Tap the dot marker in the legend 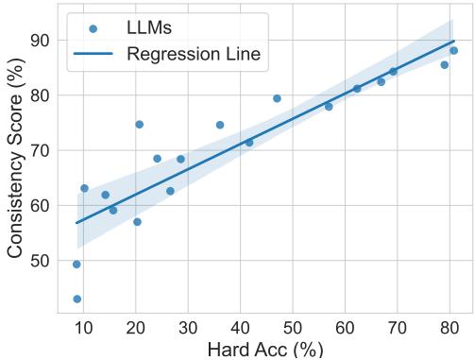[x=93, y=29]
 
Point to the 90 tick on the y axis [x=42, y=41]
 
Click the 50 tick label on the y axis [x=42, y=261]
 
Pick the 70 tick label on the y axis [x=42, y=150]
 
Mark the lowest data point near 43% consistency [x=76, y=299]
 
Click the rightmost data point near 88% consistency [x=453, y=50]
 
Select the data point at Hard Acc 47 [x=277, y=98]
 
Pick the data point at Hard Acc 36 [x=220, y=125]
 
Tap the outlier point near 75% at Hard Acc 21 [x=139, y=124]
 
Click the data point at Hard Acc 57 [x=329, y=107]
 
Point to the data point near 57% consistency [x=137, y=222]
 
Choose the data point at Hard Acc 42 [x=249, y=143]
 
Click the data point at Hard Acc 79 [x=444, y=64]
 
